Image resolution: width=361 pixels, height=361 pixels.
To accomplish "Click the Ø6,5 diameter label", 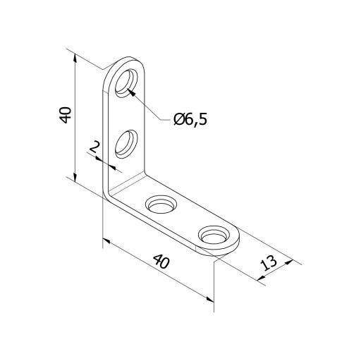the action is [190, 119].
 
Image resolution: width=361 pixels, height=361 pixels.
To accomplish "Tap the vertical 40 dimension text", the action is [65, 115].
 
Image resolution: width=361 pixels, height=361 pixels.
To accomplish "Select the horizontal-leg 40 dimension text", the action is [161, 262].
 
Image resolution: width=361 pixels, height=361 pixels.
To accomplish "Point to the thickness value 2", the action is [94, 147].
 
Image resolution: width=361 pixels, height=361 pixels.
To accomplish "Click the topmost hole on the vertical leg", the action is [126, 83].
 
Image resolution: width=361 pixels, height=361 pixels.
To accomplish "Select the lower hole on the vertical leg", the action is [126, 144].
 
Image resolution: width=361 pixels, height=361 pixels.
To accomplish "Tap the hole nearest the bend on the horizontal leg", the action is [161, 204].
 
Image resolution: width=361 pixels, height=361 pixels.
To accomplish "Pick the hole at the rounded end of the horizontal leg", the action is [214, 235].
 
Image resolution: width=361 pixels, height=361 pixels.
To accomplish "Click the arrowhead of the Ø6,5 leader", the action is [132, 93].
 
